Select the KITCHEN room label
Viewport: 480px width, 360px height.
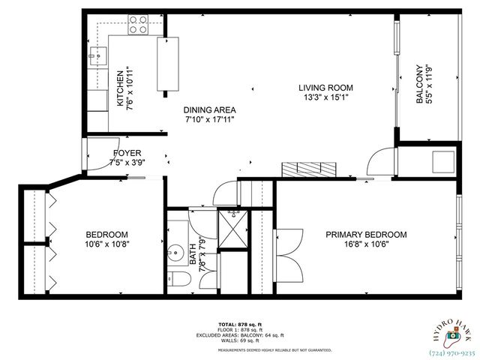[x=119, y=88]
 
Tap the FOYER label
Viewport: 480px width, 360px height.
[x=127, y=154]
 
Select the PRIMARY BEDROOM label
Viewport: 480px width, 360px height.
[x=365, y=235]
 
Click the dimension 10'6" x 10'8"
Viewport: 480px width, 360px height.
[x=106, y=244]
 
